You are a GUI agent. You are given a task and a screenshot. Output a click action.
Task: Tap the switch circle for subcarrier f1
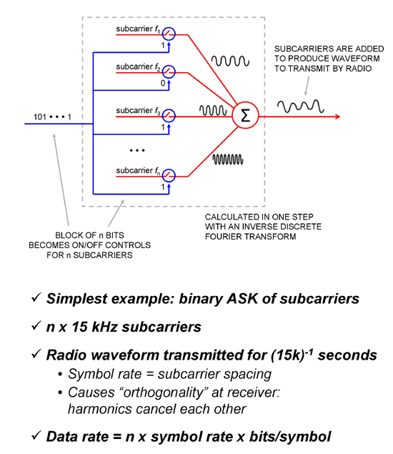pyautogui.click(x=168, y=34)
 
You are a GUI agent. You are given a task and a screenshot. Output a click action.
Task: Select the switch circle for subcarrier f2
pyautogui.click(x=168, y=72)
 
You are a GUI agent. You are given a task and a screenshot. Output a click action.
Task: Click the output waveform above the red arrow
pyautogui.click(x=300, y=107)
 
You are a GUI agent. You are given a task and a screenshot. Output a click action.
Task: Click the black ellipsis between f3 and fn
pyautogui.click(x=137, y=151)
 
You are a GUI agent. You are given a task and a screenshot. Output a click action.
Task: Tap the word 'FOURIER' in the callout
pyautogui.click(x=223, y=237)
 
